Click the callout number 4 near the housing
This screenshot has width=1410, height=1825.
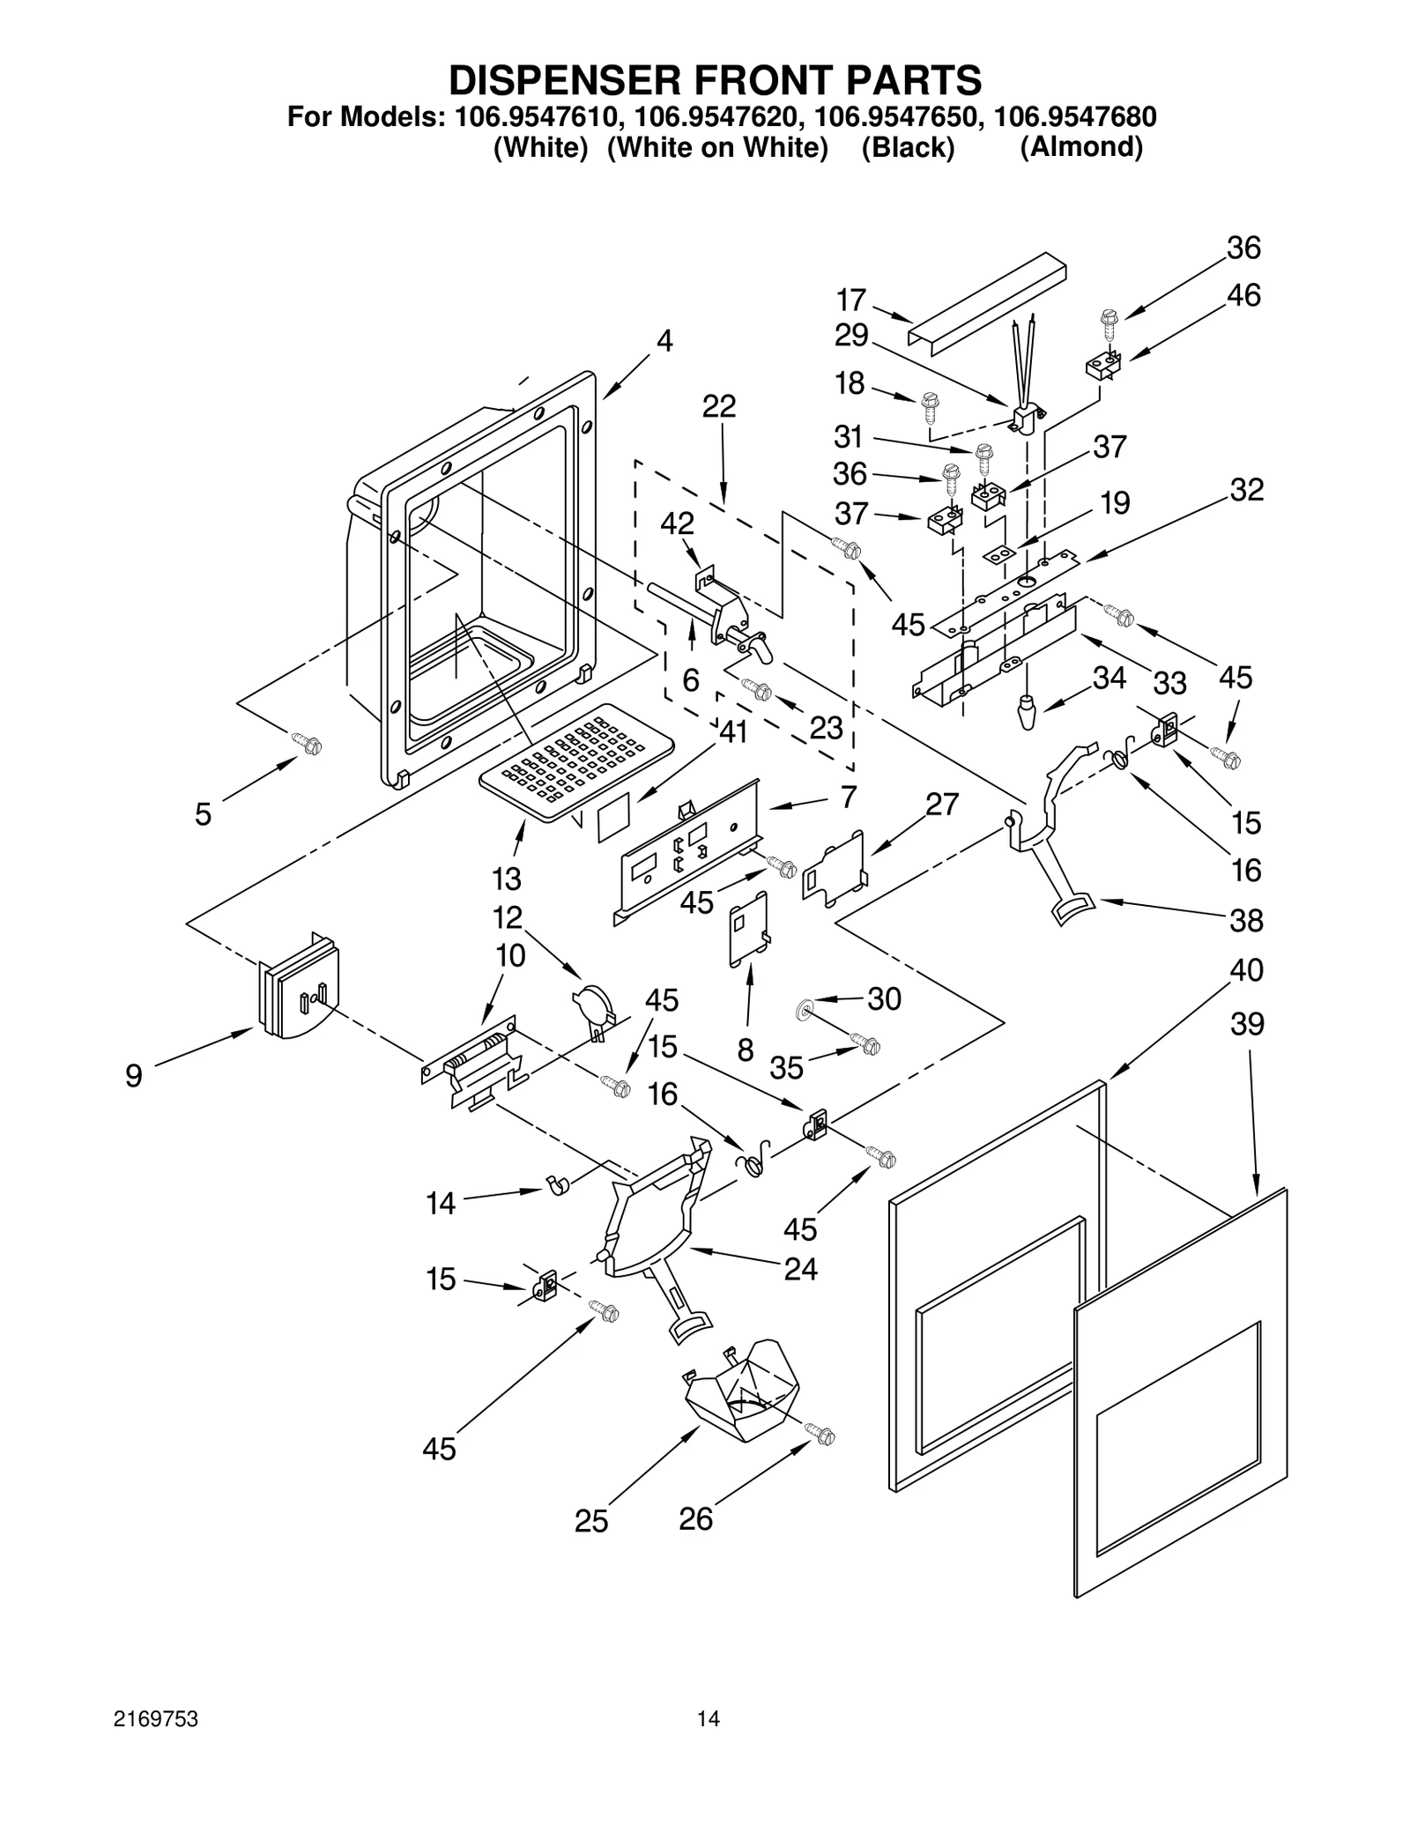click(x=664, y=341)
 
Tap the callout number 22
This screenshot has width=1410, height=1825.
click(x=719, y=406)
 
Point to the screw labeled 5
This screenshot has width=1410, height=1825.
click(x=310, y=746)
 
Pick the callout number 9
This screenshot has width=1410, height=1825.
click(x=133, y=1076)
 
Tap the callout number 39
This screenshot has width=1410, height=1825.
click(x=1248, y=1024)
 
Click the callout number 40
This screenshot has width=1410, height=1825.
click(x=1247, y=970)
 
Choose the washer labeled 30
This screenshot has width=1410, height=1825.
click(x=805, y=1007)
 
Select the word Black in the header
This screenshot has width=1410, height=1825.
click(x=908, y=147)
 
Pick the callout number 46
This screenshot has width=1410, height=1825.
click(x=1243, y=295)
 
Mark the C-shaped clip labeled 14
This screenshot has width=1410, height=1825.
click(x=558, y=1185)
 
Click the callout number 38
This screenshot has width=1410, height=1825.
click(x=1247, y=921)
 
